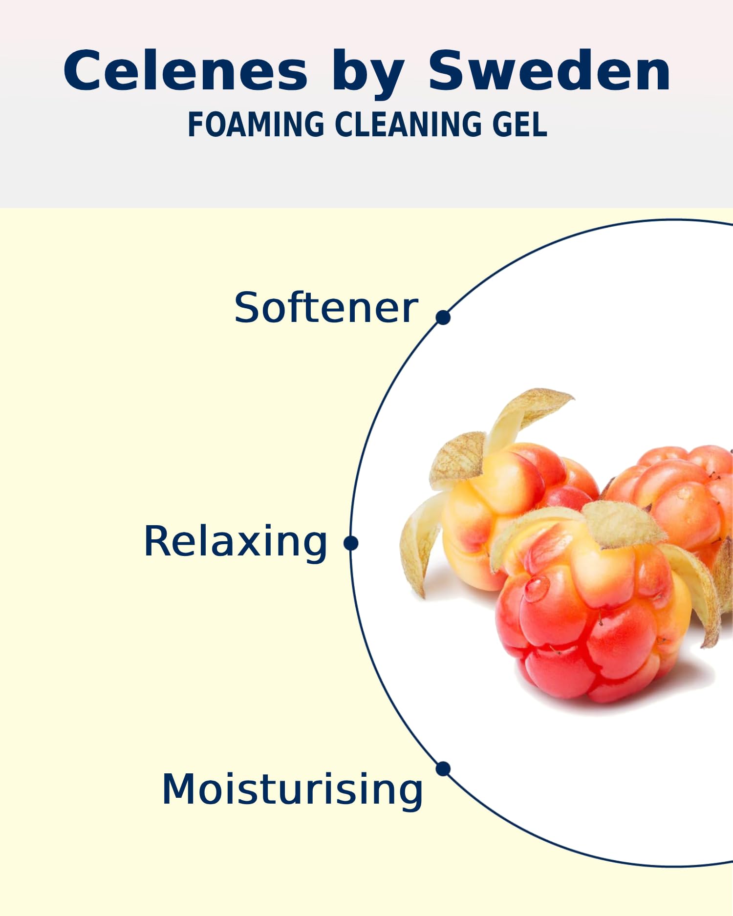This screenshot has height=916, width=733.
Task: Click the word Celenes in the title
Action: click(186, 71)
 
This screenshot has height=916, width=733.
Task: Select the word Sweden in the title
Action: click(550, 71)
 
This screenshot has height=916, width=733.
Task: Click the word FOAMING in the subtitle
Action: click(256, 124)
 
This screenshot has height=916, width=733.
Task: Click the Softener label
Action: click(326, 307)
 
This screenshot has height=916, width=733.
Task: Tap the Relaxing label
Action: click(235, 542)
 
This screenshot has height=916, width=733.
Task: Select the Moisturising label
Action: click(292, 790)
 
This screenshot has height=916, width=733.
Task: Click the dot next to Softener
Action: click(443, 317)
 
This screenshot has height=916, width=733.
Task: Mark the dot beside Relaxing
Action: click(351, 543)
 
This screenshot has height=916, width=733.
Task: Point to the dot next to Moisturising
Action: click(443, 768)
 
